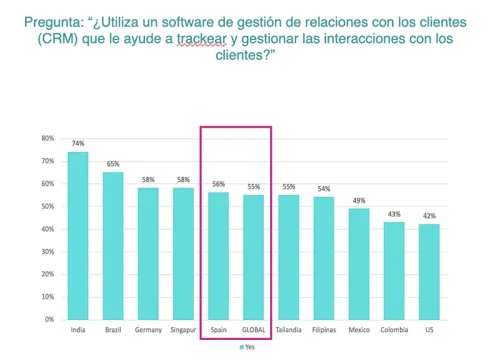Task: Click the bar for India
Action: coord(78,235)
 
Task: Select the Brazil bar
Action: coord(113,245)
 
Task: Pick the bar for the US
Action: coord(429,271)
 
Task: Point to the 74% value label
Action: coord(78,144)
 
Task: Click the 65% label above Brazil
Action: coord(113,164)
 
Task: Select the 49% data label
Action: coord(359,200)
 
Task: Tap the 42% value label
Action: coord(429,216)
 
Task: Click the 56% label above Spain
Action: coord(218,184)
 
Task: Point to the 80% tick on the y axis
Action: coord(47,138)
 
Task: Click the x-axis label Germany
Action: coord(148,330)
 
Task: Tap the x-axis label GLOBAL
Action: coord(253,330)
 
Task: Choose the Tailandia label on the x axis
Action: coord(289,330)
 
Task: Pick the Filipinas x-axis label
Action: coord(324,330)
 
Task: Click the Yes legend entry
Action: coord(250,347)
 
